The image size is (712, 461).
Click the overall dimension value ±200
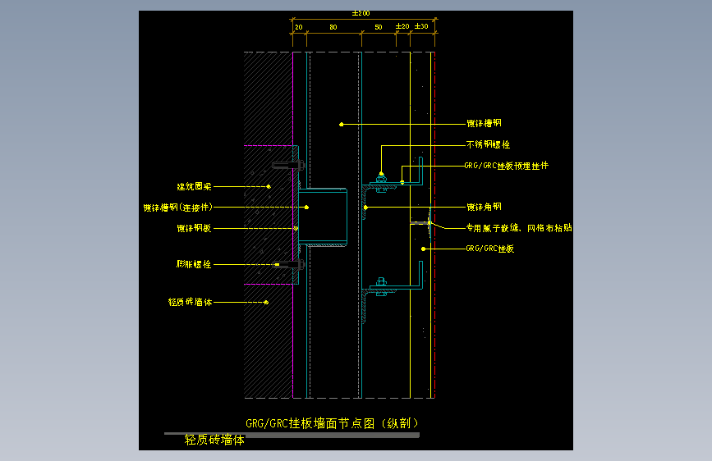[x=361, y=13]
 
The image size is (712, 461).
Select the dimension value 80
[x=333, y=27]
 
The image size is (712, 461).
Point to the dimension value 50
[x=378, y=27]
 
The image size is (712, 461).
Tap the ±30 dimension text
[x=422, y=26]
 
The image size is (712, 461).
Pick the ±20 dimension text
[x=402, y=26]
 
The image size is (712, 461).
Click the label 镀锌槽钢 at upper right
[x=484, y=124]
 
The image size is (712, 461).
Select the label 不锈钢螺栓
[x=488, y=144]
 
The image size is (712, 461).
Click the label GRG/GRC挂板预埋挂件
[x=506, y=166]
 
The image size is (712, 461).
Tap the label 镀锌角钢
[x=484, y=208]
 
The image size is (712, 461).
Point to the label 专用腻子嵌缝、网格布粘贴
[x=518, y=227]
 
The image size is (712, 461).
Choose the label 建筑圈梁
[x=195, y=187]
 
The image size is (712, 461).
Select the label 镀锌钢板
[x=195, y=228]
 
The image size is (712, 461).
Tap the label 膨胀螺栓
[x=195, y=264]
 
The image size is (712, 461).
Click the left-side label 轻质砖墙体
[x=191, y=302]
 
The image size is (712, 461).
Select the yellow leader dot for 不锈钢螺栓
[x=381, y=174]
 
